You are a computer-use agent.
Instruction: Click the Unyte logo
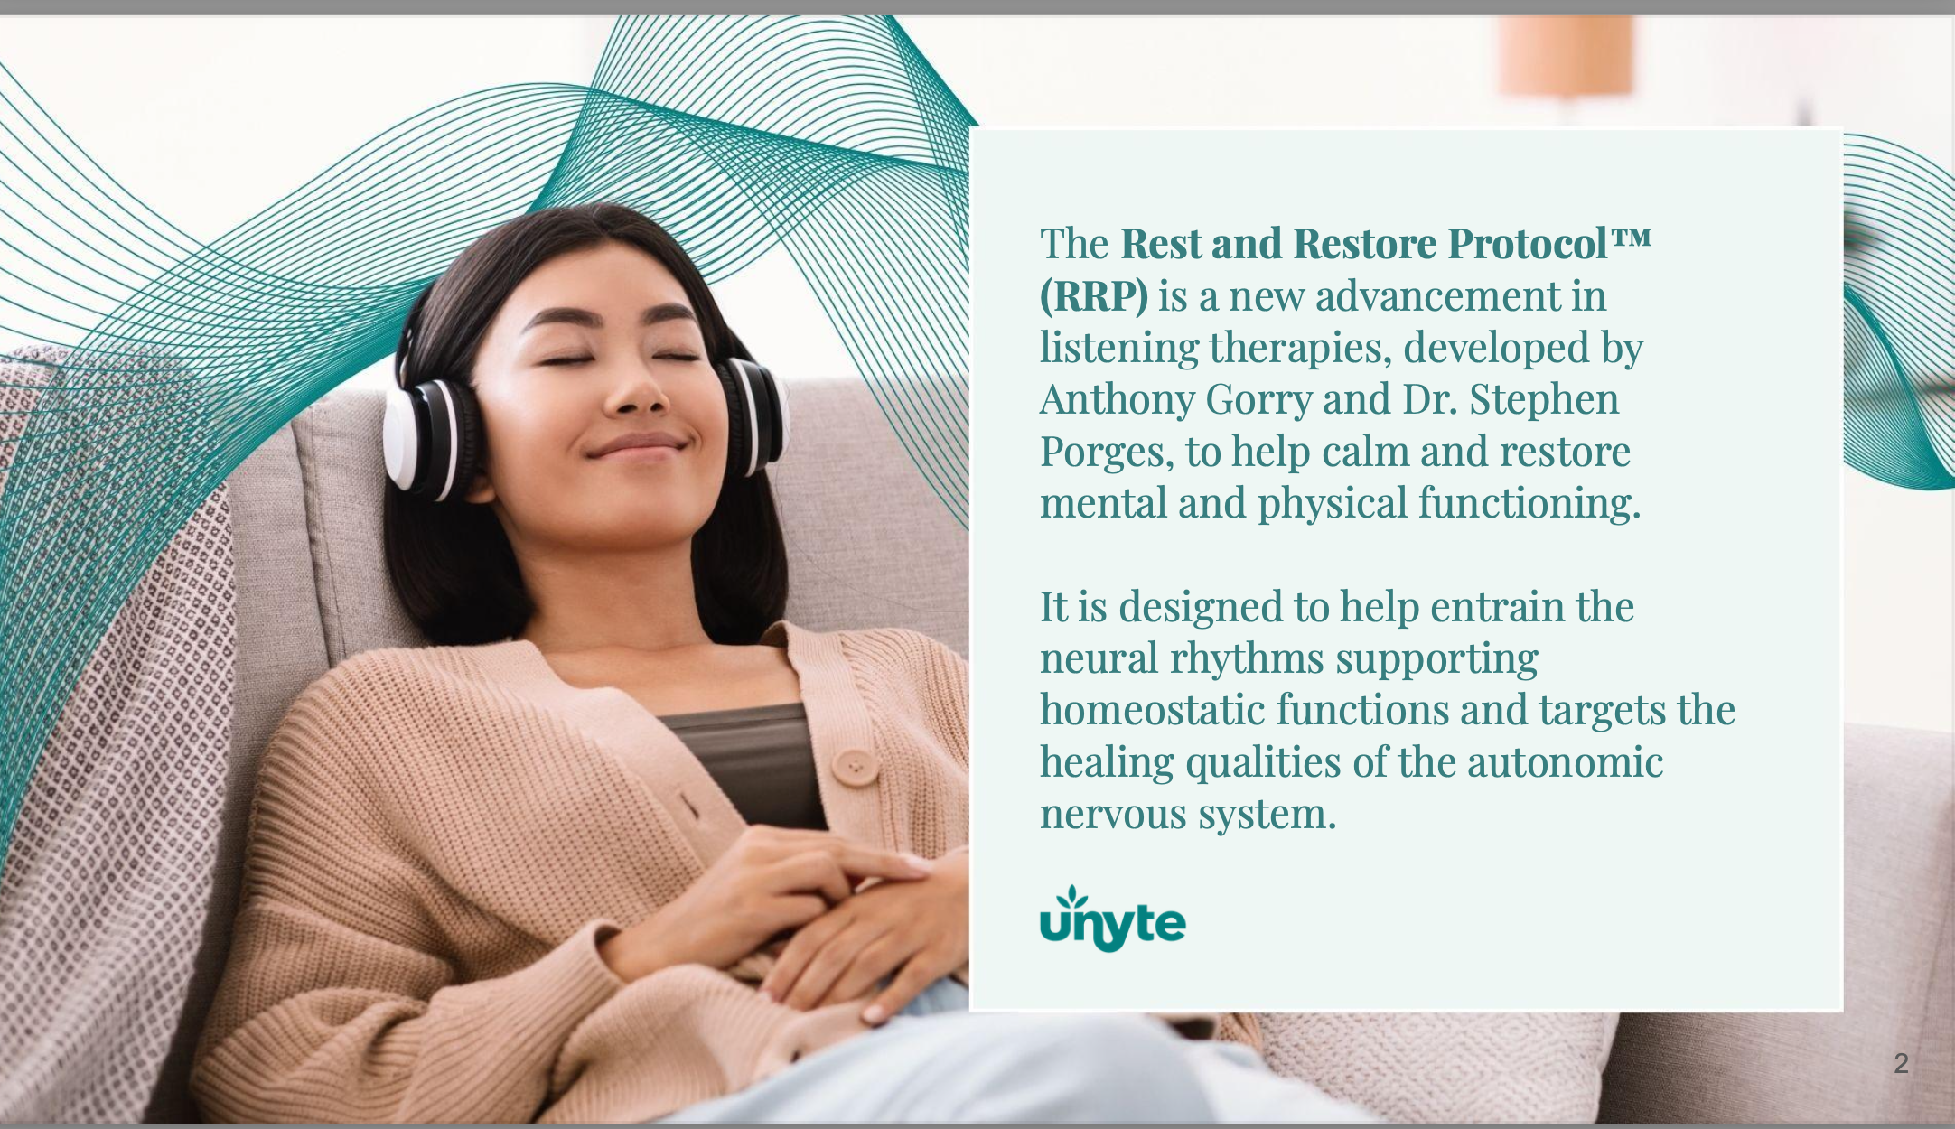coord(1113,919)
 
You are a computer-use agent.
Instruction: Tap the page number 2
coord(1902,1063)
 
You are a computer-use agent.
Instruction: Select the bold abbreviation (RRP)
coord(1094,295)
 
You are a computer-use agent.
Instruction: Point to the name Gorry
coord(1258,400)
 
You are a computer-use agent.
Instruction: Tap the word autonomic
coord(1565,761)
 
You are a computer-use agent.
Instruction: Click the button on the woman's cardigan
coord(854,767)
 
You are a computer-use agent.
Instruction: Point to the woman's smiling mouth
coord(638,446)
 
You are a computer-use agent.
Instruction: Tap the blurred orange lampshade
coord(1566,54)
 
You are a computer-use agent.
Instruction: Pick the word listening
coord(1119,349)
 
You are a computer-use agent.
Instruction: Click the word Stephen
coord(1544,400)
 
